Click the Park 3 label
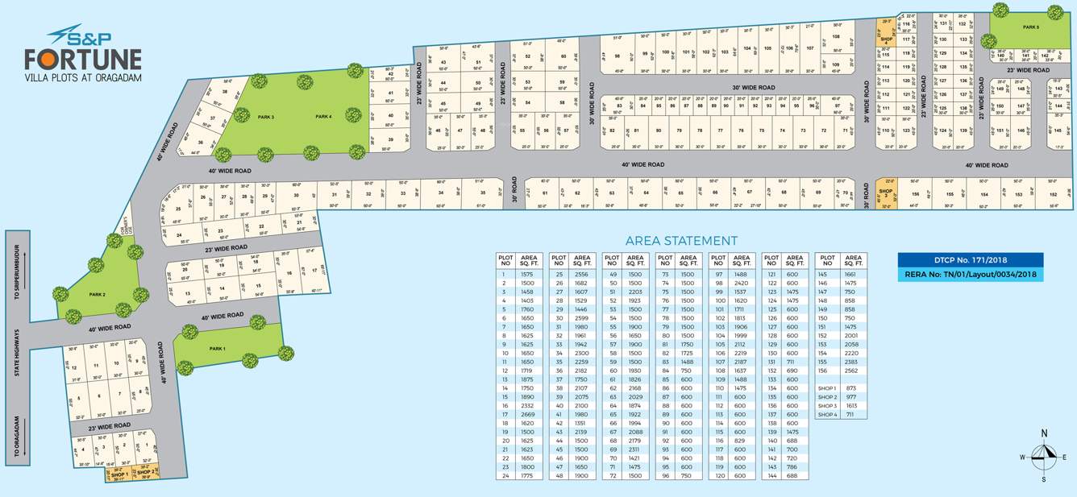tap(266, 118)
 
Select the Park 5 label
tap(1031, 27)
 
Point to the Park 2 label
tap(98, 295)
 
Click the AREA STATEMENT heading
tap(681, 240)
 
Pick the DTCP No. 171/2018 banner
tap(970, 259)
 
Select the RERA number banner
tap(970, 275)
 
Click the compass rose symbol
tap(1043, 457)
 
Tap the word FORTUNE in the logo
tap(82, 60)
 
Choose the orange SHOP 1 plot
tap(119, 475)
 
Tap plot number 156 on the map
tap(915, 194)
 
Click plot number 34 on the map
tap(441, 193)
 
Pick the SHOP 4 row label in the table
tap(827, 415)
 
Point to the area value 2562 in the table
tap(851, 371)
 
